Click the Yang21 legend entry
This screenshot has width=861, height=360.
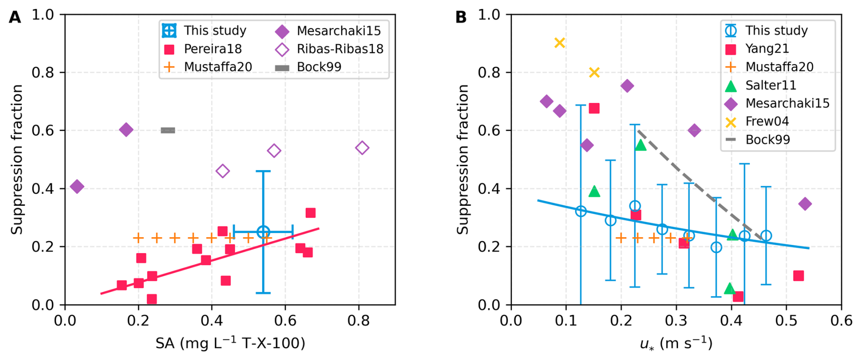(x=760, y=49)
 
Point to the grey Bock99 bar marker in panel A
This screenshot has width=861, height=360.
(x=168, y=131)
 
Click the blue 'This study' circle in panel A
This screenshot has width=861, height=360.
(x=263, y=232)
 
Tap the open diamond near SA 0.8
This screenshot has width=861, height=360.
(x=362, y=148)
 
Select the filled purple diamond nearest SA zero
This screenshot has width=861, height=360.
(x=77, y=187)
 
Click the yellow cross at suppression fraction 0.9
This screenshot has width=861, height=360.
(x=560, y=43)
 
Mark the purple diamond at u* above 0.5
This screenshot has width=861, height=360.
(x=805, y=204)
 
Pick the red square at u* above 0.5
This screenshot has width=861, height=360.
(x=798, y=276)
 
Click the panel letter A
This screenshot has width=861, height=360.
(x=15, y=17)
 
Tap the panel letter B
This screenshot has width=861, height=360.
(x=461, y=17)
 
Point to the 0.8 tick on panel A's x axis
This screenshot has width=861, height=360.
(x=359, y=320)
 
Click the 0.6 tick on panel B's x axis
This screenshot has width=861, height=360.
(x=841, y=320)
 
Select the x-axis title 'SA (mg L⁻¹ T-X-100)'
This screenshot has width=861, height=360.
(x=230, y=343)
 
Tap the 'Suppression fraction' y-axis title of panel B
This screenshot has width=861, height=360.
(x=463, y=159)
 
